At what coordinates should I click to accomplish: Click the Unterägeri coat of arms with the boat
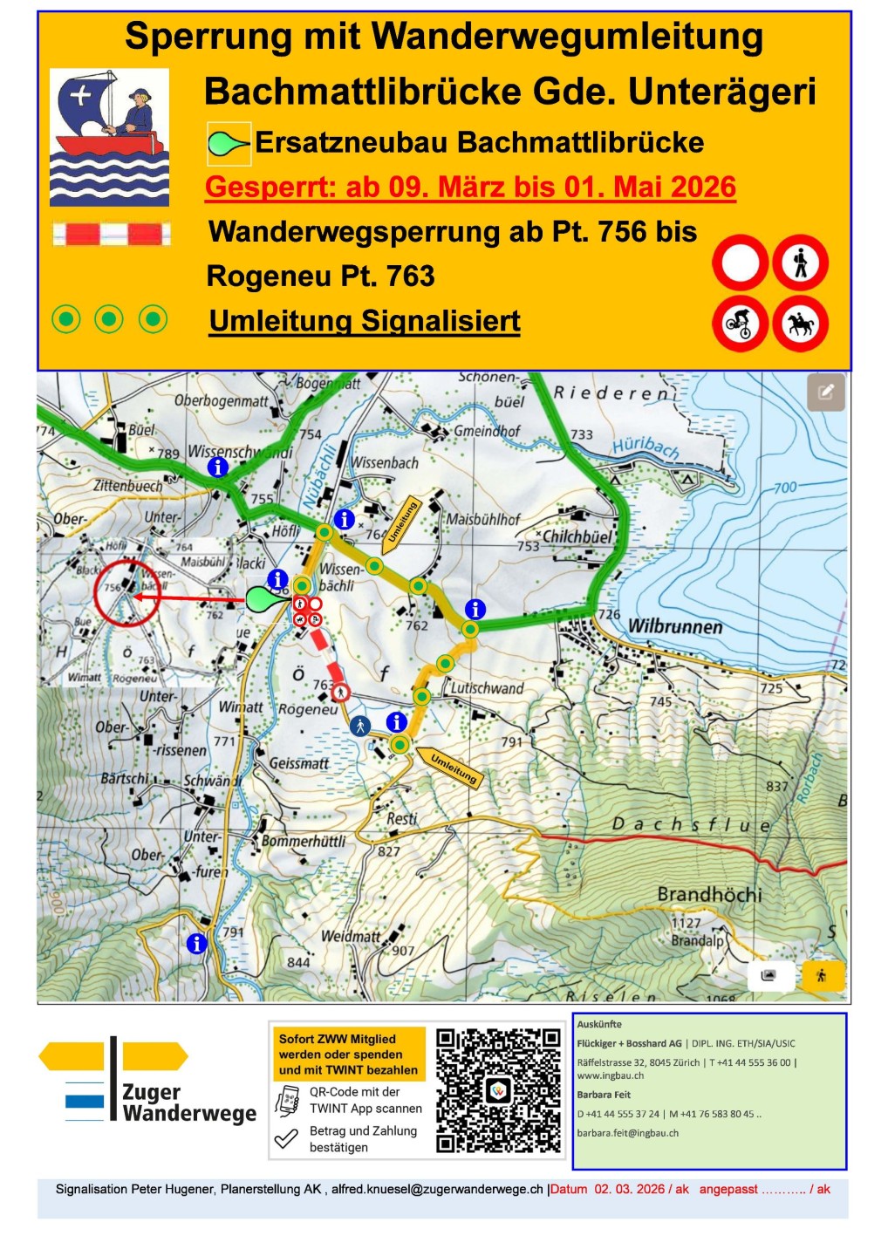tap(109, 137)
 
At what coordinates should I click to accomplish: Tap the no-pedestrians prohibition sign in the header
tap(800, 263)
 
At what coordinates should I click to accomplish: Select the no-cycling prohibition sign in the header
tap(740, 324)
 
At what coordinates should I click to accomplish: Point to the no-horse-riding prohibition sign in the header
tap(800, 324)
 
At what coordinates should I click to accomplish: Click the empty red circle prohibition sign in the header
tap(740, 263)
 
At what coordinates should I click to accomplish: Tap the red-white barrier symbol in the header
tap(111, 234)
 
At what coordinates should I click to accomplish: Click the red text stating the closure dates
tap(470, 188)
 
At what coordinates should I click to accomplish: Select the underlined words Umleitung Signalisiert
tap(365, 321)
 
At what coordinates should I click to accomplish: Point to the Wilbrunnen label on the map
tap(675, 626)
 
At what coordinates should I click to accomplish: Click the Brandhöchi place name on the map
tap(709, 894)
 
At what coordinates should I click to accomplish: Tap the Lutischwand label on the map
tap(487, 688)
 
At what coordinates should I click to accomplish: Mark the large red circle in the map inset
tap(126, 593)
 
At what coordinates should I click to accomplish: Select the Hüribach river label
tap(646, 447)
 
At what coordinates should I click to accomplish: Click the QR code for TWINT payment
tap(498, 1090)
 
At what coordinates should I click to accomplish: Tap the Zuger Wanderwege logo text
tap(188, 1102)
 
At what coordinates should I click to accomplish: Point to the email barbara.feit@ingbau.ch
tap(627, 1133)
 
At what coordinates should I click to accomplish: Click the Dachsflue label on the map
tap(691, 824)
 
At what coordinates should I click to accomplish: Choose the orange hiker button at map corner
tap(821, 976)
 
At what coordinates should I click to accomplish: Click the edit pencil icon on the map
tap(825, 392)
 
